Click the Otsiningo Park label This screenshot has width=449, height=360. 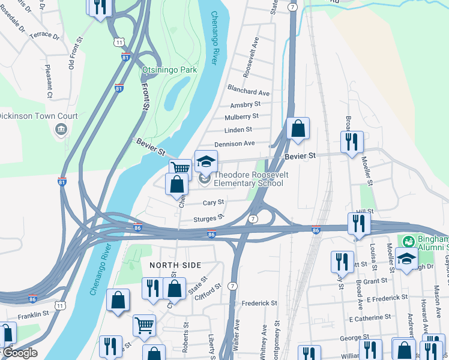pyautogui.click(x=169, y=70)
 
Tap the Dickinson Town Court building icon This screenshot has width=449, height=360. pyautogui.click(x=61, y=129)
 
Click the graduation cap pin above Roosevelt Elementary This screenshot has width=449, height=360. pyautogui.click(x=206, y=162)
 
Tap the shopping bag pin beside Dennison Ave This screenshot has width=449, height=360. pyautogui.click(x=298, y=128)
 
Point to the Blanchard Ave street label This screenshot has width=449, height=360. pyautogui.click(x=249, y=92)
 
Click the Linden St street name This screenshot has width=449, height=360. pyautogui.click(x=238, y=130)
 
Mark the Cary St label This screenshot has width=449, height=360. pyautogui.click(x=213, y=203)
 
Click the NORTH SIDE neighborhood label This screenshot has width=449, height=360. pyautogui.click(x=175, y=265)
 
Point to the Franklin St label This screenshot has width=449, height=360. pyautogui.click(x=32, y=314)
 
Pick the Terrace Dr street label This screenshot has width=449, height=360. pyautogui.click(x=45, y=36)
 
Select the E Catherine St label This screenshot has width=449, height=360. pyautogui.click(x=370, y=317)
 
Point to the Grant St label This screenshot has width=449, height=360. pyautogui.click(x=375, y=281)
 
